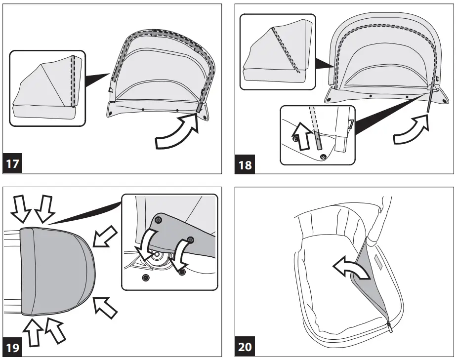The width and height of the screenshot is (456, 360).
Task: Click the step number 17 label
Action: [13, 163]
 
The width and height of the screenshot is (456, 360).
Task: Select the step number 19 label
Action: [13, 347]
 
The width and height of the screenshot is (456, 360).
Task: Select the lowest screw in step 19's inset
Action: [145, 277]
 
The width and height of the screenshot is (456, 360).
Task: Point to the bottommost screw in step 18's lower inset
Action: [323, 157]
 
